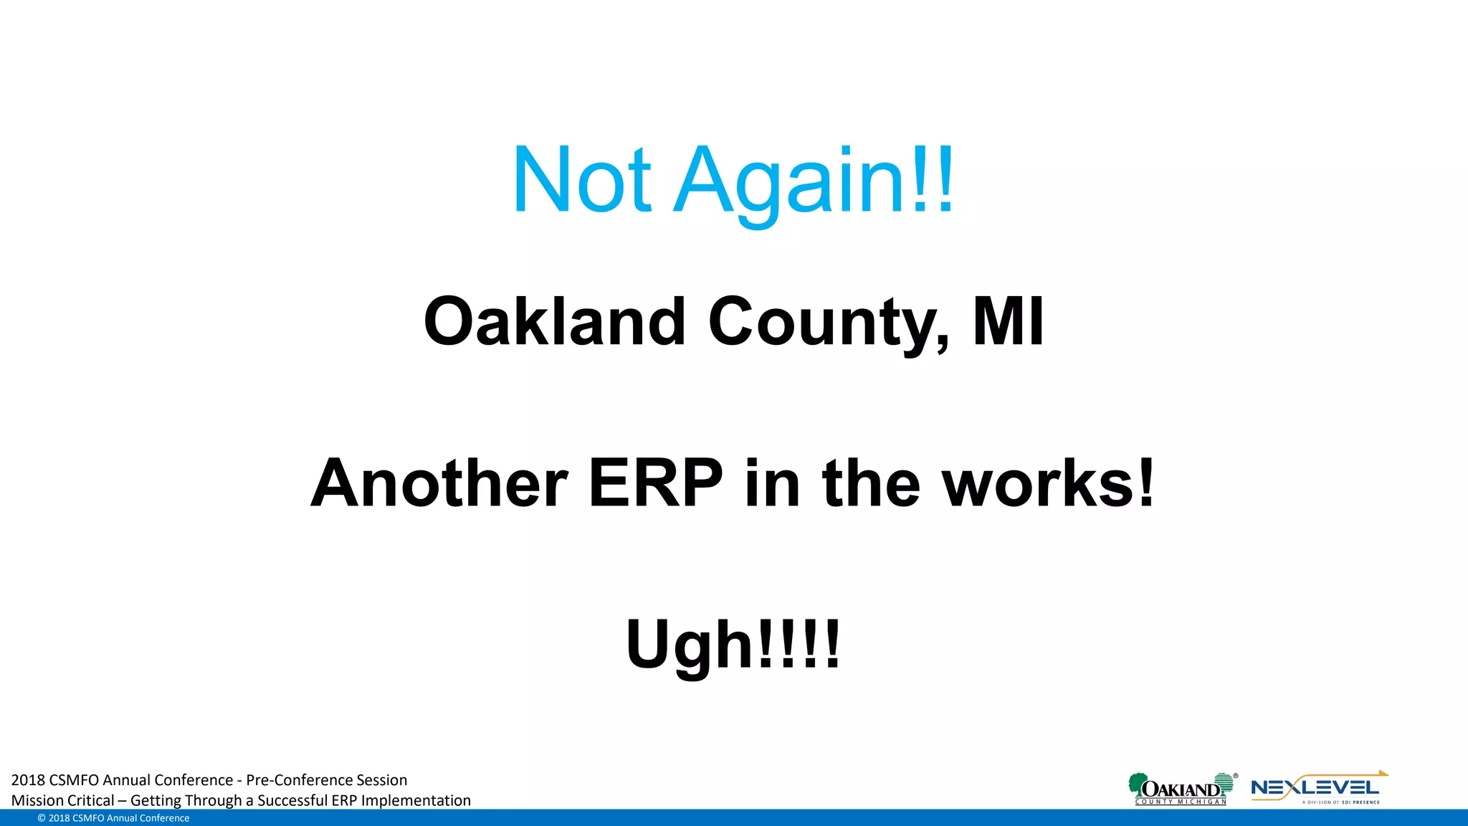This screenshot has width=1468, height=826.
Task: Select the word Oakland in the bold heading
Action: (555, 321)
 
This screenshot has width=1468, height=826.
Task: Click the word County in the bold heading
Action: (828, 321)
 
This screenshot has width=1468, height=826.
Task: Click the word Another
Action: (439, 483)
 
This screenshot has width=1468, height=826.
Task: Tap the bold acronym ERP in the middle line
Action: (655, 483)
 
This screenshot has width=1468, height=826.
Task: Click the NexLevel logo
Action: (1318, 789)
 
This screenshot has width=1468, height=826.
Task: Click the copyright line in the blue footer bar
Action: (113, 818)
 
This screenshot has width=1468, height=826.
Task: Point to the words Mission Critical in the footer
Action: (62, 801)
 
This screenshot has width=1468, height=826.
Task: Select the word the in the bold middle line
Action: (871, 483)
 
